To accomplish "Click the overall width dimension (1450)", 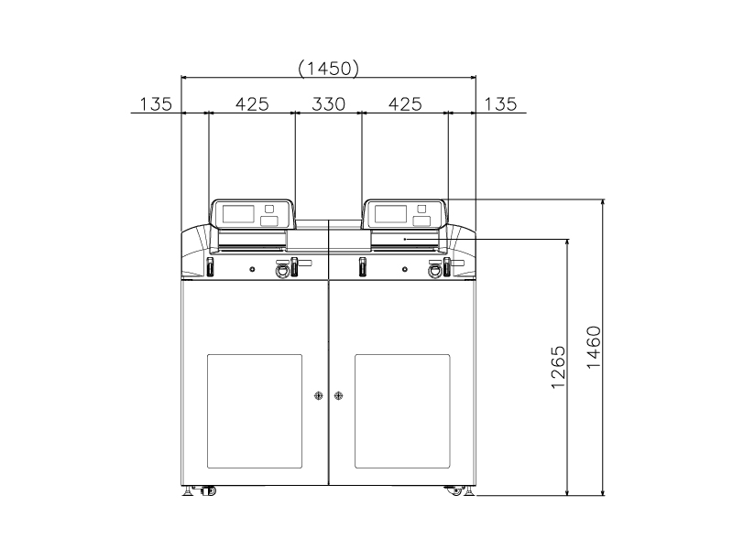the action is [329, 69].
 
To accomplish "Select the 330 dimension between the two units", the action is [329, 103].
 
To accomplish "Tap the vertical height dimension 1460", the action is [594, 348].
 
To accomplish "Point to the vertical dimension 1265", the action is [558, 367].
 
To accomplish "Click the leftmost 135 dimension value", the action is [156, 103].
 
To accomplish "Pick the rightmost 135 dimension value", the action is [500, 103].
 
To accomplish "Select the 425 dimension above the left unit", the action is [252, 103].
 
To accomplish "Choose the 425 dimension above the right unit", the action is [405, 103].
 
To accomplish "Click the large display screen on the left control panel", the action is [238, 214].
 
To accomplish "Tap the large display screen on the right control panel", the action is [391, 214].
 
